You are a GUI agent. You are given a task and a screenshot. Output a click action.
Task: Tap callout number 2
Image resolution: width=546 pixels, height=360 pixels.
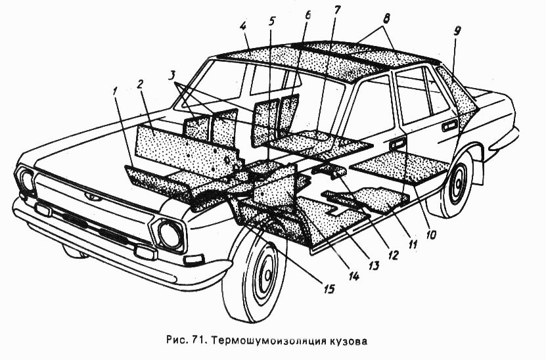(x=139, y=83)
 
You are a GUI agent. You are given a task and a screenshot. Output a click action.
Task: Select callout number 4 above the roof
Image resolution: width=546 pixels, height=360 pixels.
(x=244, y=28)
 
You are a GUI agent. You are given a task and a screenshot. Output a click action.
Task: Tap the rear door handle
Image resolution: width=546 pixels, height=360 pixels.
(x=449, y=125)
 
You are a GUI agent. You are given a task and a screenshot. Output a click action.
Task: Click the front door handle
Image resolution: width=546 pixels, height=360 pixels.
(x=396, y=144)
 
